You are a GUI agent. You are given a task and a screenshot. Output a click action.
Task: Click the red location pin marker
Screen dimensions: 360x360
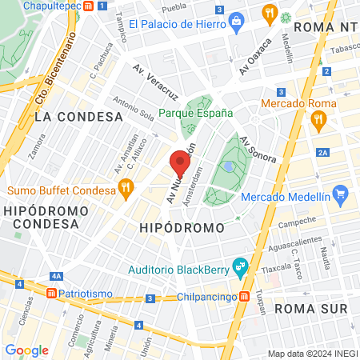tap(180, 165)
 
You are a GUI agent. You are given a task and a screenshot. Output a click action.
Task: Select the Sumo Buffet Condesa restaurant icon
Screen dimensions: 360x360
tap(125, 189)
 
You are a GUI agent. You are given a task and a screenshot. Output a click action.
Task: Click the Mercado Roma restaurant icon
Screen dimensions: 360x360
tap(318, 121)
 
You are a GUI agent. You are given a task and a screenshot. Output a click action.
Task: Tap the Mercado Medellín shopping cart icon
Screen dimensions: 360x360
tap(340, 194)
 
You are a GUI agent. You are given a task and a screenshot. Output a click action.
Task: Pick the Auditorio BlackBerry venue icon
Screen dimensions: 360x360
tap(238, 266)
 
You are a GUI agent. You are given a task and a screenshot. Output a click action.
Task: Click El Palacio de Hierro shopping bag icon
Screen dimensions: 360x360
tap(236, 22)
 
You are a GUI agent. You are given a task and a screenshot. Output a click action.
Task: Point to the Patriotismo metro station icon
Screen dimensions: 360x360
tap(52, 294)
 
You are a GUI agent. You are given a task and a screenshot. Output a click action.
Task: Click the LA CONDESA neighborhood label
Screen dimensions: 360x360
tap(78, 117)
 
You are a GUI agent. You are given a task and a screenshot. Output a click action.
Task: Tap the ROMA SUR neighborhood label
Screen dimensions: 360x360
tap(310, 308)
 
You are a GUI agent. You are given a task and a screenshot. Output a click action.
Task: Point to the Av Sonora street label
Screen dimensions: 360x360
tap(258, 149)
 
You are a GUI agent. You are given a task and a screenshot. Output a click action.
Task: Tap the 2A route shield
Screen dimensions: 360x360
tap(323, 153)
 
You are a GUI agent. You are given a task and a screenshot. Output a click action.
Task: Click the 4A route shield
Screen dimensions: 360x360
tap(55, 276)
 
